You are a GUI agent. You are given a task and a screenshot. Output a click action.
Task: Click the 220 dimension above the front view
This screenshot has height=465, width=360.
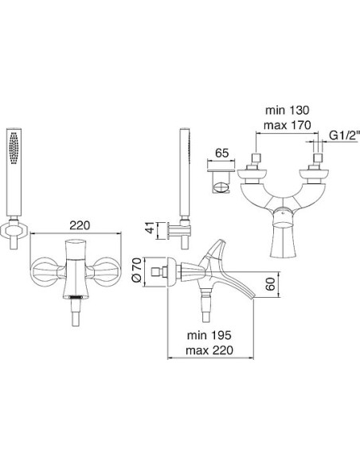click(x=79, y=225)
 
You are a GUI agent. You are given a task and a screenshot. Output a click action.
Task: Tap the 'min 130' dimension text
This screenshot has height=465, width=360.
click(x=287, y=110)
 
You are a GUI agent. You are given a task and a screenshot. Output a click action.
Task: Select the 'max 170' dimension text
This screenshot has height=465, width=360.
click(x=287, y=125)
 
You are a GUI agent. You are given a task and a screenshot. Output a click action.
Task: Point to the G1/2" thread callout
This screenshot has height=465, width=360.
click(x=345, y=135)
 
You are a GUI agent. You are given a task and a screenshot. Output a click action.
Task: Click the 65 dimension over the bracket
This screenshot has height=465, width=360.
click(x=221, y=153)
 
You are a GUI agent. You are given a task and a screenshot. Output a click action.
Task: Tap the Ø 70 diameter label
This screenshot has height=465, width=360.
click(x=136, y=270)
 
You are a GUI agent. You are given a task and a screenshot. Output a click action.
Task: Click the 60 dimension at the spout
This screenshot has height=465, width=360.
click(x=270, y=284)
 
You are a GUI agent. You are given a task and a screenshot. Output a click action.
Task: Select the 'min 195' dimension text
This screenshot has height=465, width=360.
click(x=209, y=335)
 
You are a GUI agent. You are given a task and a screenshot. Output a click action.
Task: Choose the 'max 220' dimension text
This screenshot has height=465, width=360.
click(x=209, y=350)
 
